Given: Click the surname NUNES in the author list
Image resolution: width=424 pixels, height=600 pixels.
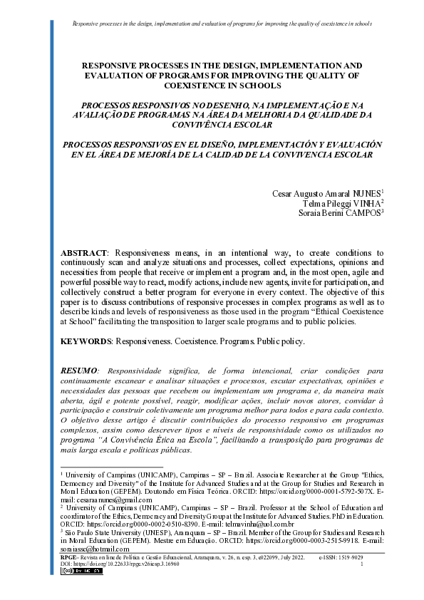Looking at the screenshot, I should click(x=368, y=194).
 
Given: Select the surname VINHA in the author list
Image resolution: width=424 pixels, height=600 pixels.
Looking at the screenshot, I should click(x=368, y=203).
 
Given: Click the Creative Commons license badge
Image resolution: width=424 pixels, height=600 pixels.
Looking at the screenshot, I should click(x=75, y=571).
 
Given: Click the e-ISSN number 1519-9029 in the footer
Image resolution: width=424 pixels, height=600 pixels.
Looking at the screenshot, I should click(x=369, y=557).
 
